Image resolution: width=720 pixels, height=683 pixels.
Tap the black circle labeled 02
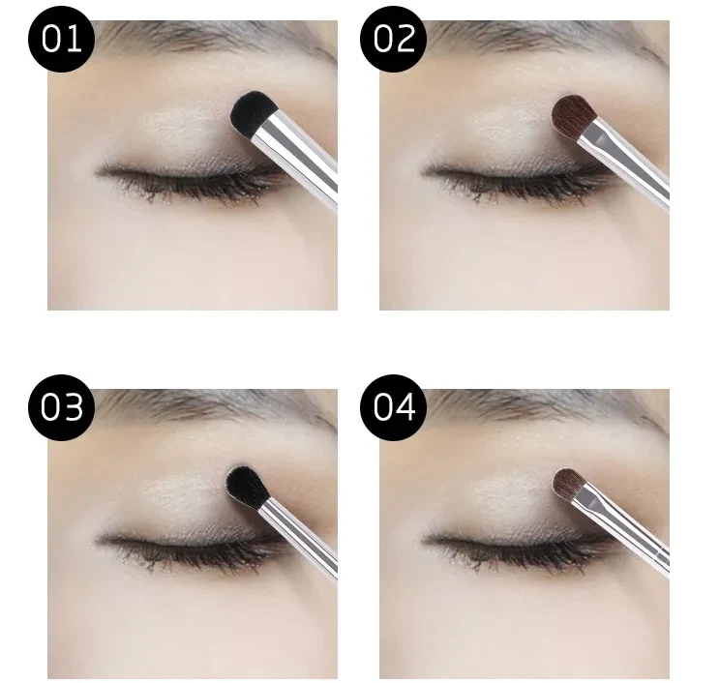point(395,40)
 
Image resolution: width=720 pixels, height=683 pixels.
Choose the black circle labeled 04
point(395,407)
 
